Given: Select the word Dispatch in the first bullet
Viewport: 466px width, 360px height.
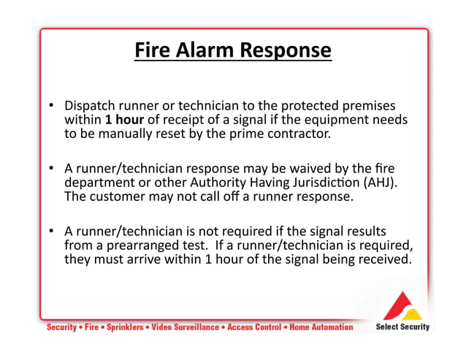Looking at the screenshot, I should [90, 105].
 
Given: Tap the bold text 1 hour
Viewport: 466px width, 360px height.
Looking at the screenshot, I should [124, 120].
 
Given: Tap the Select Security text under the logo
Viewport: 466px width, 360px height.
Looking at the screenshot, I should [402, 327].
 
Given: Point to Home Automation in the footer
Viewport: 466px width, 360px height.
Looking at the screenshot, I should [321, 328].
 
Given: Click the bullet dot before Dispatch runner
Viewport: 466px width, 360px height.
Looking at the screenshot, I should [53, 105].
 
